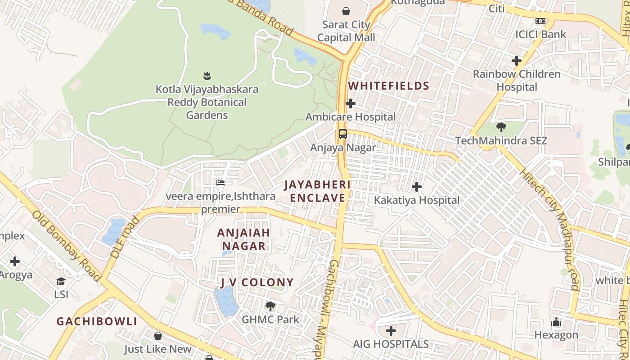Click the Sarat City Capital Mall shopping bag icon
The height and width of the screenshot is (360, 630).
point(346,11)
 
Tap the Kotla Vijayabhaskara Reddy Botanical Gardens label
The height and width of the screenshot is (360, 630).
point(207,102)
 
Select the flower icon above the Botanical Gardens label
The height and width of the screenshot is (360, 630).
point(207,76)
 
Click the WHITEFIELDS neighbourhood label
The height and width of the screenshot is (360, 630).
point(389,85)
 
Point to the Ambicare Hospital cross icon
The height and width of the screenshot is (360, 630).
point(351,104)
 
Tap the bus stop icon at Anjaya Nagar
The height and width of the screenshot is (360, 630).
point(343,134)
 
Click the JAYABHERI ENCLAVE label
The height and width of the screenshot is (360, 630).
point(317,191)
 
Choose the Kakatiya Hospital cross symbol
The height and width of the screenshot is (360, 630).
point(417,186)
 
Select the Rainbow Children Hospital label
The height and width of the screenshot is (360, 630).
point(517,80)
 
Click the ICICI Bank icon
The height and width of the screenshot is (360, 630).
point(540,21)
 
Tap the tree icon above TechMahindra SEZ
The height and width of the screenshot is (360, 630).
point(501,127)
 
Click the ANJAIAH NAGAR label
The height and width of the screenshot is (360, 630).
point(243,239)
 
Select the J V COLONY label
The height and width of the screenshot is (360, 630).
point(257,283)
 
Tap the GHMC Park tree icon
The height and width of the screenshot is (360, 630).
point(270,306)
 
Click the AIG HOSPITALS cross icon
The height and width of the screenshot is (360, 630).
point(391,331)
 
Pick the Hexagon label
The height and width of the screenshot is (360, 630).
point(556,335)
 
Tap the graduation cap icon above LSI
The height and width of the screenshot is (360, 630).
point(61,282)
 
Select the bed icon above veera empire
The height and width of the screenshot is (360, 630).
point(220,182)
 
